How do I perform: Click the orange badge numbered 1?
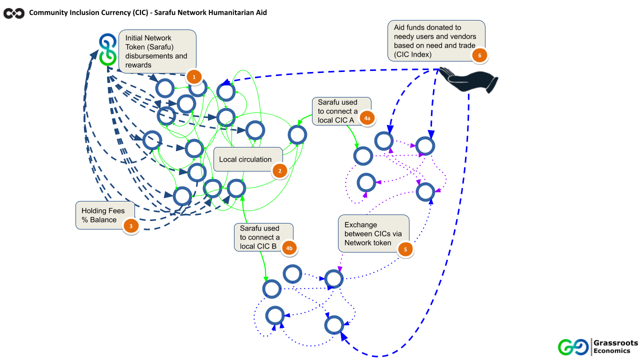(x=193, y=77)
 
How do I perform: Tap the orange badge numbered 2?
(x=279, y=171)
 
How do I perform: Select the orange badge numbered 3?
(x=130, y=226)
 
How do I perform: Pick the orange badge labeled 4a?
(x=366, y=118)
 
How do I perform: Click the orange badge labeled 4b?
(x=288, y=247)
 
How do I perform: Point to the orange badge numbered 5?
(x=405, y=249)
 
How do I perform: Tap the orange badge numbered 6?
(x=479, y=55)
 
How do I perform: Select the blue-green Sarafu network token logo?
(x=107, y=50)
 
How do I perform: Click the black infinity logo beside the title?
(x=14, y=13)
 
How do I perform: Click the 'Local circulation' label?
(x=245, y=159)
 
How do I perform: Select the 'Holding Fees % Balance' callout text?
(x=99, y=215)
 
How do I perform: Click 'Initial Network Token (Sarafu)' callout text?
(x=156, y=51)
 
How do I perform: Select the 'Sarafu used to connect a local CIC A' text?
(x=337, y=111)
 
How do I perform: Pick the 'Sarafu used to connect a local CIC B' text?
(x=259, y=237)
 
